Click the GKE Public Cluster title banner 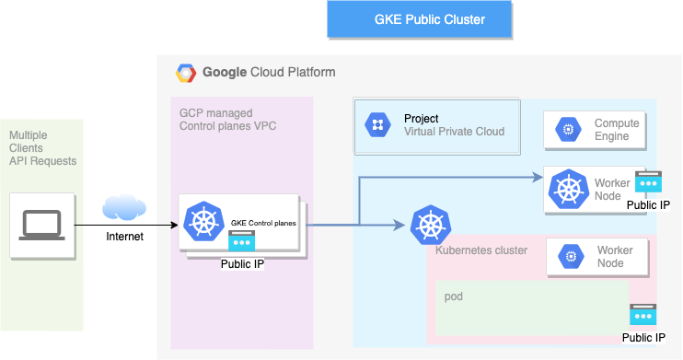[x=429, y=18]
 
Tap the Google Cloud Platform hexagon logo [x=186, y=72]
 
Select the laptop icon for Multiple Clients [x=41, y=224]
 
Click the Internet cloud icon [x=125, y=208]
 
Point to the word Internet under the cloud [x=125, y=238]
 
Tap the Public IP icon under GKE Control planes [x=242, y=242]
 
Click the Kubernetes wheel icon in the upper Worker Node [x=567, y=189]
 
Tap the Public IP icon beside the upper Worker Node [x=648, y=181]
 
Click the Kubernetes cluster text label [x=480, y=250]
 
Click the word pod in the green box [x=453, y=296]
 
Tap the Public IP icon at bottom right [x=642, y=314]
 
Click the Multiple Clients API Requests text [x=42, y=147]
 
